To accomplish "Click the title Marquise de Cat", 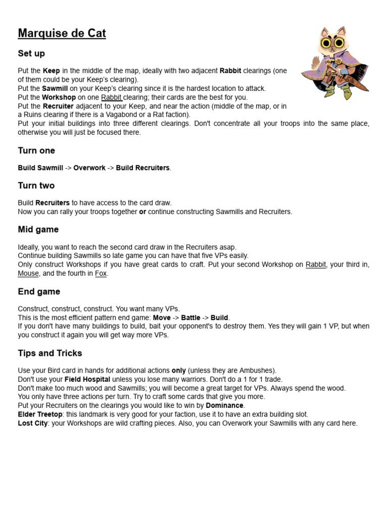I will click(62, 34).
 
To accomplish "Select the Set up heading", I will click(31, 54).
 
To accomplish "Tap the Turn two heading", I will click(36, 185).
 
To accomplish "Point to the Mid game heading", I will click(38, 229).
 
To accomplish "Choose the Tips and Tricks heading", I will click(50, 353).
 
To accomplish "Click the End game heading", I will click(39, 291).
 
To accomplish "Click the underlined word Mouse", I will click(28, 274).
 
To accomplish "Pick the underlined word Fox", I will click(101, 274).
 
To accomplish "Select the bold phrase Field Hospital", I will click(87, 379).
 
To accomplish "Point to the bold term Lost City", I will click(33, 423).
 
